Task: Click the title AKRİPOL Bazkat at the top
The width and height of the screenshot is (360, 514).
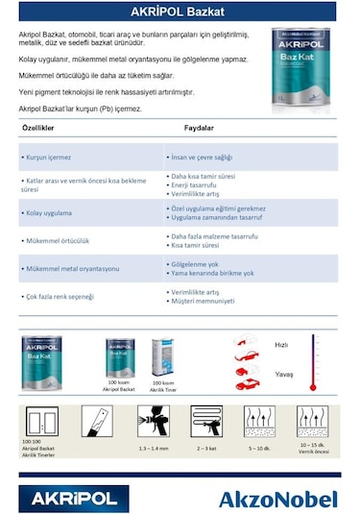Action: [x=180, y=12]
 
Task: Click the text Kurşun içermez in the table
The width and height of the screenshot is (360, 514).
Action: [x=47, y=155]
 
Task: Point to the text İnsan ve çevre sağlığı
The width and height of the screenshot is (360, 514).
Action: [x=201, y=155]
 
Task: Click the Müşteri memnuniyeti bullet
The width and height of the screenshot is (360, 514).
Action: [x=204, y=301]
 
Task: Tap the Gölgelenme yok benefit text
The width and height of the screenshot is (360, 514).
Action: [x=198, y=264]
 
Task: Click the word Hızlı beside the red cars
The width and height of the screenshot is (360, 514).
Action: [x=281, y=344]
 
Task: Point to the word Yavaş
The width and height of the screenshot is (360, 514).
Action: [x=282, y=374]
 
